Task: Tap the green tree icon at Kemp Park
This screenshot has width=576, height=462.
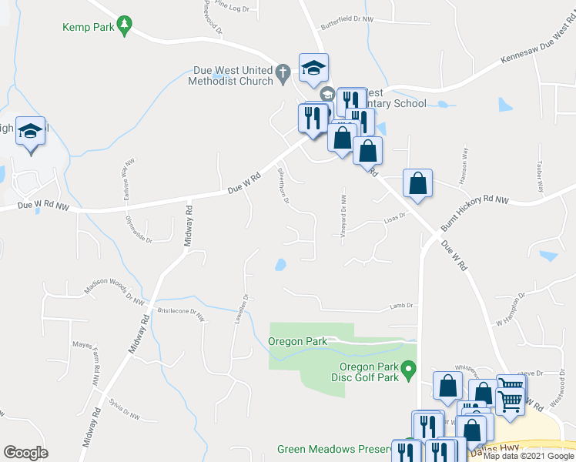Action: click(x=123, y=27)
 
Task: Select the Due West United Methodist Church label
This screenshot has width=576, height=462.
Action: click(x=234, y=75)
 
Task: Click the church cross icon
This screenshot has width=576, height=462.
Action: click(x=283, y=75)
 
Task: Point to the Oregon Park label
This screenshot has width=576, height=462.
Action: click(x=298, y=341)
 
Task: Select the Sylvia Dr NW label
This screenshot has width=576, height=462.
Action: click(x=124, y=410)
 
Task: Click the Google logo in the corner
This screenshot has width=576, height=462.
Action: click(x=25, y=452)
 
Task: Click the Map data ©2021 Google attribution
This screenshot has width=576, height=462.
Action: click(x=528, y=456)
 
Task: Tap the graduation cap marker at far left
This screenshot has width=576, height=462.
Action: click(x=30, y=132)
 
